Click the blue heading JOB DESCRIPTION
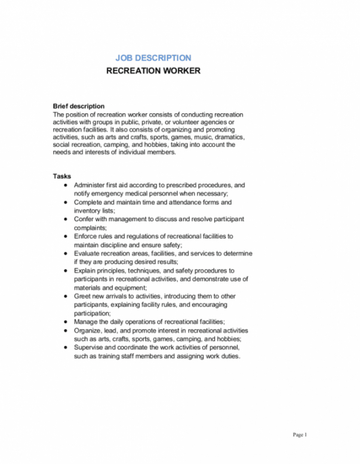[153, 58]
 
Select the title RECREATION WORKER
[153, 71]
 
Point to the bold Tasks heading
[62, 177]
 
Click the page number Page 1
[300, 434]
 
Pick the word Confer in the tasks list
[84, 219]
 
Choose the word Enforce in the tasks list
[86, 236]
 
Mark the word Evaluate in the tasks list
[87, 253]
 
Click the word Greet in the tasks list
[83, 296]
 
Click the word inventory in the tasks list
[88, 211]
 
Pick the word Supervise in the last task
[90, 348]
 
